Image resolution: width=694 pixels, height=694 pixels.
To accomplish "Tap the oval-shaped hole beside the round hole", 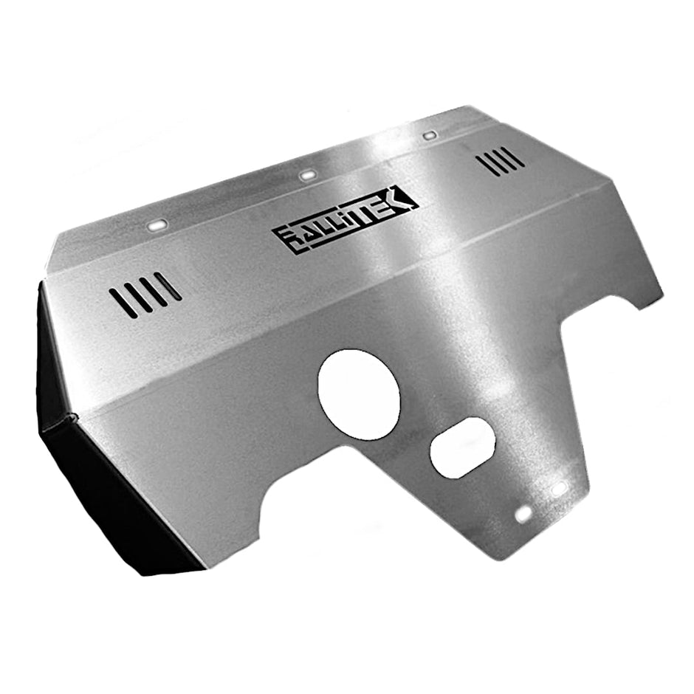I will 462,447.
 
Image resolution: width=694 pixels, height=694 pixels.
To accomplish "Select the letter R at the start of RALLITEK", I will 286,237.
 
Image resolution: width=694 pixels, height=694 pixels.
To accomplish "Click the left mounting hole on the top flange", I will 158,224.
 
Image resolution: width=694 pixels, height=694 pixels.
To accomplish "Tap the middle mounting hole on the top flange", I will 308,175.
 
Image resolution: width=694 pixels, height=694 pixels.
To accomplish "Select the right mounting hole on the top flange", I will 429,136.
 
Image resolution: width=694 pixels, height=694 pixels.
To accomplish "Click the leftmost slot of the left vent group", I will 123,303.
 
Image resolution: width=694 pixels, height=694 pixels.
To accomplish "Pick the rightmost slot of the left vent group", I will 168,286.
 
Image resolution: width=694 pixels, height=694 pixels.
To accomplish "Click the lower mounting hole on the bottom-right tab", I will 523,514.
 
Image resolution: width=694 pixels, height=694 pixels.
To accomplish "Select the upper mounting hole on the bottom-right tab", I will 559,489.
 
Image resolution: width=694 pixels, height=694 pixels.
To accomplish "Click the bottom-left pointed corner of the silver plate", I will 204,568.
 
